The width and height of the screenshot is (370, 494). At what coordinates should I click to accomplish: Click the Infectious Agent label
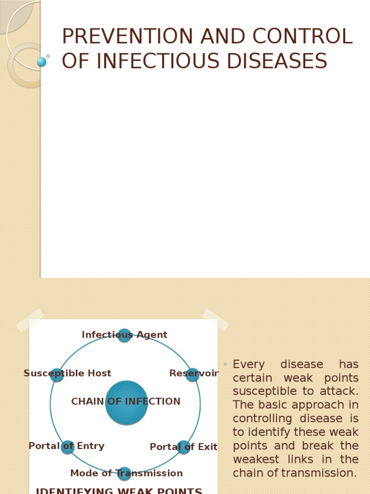pos(124,335)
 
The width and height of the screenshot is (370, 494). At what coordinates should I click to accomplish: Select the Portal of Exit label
pos(183,447)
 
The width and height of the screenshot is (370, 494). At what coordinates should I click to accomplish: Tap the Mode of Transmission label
pos(126,473)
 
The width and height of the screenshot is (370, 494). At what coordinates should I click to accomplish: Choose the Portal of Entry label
pos(66,446)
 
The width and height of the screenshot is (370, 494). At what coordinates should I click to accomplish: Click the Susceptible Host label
pos(67,373)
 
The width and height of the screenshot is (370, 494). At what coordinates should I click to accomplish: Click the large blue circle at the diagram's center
pos(126,403)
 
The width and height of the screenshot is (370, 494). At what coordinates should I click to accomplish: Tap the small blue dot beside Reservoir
pos(192,375)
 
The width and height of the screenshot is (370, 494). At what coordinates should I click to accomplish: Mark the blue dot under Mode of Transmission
pos(124,474)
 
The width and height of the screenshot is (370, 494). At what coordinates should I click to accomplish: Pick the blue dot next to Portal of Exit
pos(184,447)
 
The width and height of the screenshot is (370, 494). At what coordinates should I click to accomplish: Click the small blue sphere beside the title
pos(42,62)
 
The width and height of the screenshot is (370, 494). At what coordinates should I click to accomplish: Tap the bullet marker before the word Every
pos(225,364)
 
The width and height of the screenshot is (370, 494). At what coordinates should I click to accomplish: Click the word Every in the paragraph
pos(249,365)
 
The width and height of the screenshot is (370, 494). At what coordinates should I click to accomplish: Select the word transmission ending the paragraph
pos(318,473)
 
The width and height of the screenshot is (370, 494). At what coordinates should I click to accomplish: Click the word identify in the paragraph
pos(267,432)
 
